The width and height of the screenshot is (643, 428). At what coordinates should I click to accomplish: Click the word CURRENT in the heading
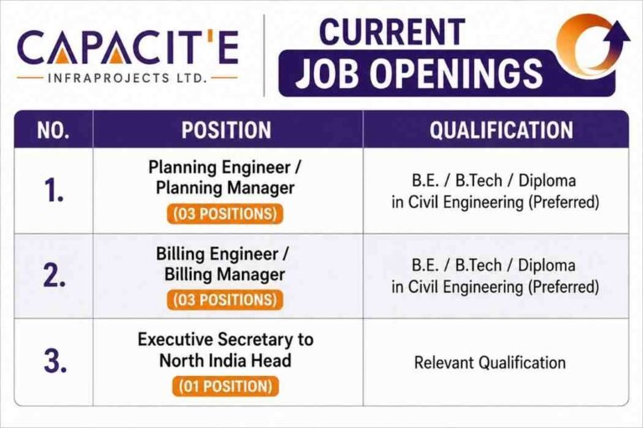click(392, 32)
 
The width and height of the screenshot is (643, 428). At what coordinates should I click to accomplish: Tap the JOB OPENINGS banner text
click(419, 74)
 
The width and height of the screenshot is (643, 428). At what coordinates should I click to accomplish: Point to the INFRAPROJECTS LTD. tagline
click(127, 78)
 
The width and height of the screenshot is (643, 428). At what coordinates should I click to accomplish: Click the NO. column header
click(54, 130)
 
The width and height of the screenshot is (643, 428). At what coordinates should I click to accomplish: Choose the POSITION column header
click(226, 130)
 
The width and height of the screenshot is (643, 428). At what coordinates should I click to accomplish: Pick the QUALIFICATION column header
click(502, 130)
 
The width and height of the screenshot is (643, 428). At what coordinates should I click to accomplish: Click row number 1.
click(54, 190)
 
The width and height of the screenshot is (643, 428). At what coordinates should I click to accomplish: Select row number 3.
click(55, 361)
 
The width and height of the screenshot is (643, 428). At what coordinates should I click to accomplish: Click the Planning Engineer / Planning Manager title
click(225, 178)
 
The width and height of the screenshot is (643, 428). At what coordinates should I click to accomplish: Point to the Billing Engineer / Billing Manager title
click(224, 265)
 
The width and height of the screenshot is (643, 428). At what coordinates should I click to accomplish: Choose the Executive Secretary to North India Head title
click(225, 350)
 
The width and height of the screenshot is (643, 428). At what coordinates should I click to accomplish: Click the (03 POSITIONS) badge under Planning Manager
click(225, 214)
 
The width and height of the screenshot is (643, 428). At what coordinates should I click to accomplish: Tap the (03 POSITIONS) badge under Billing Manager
click(225, 300)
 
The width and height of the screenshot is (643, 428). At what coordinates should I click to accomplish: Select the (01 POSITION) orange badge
click(225, 386)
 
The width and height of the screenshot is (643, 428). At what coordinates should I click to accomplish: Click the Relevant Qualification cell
click(490, 363)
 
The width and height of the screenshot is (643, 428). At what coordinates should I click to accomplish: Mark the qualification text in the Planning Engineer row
click(496, 191)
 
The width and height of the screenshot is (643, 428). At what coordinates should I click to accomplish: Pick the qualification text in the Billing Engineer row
click(496, 276)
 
